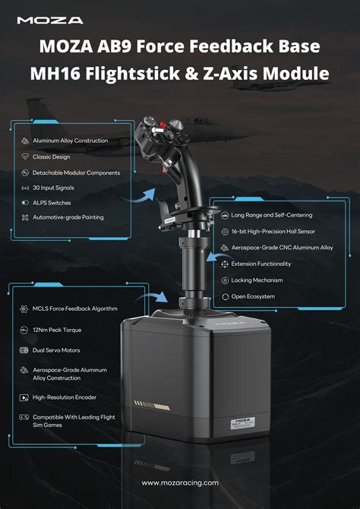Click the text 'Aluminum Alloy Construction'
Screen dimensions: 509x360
click(x=70, y=141)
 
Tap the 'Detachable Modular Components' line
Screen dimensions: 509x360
click(x=76, y=172)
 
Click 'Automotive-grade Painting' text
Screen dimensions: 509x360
click(x=68, y=218)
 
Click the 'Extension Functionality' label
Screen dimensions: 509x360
click(x=261, y=264)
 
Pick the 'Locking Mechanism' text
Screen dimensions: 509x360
click(x=258, y=280)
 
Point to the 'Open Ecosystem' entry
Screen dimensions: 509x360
click(x=254, y=296)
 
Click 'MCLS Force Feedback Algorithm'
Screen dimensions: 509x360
click(x=75, y=309)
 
